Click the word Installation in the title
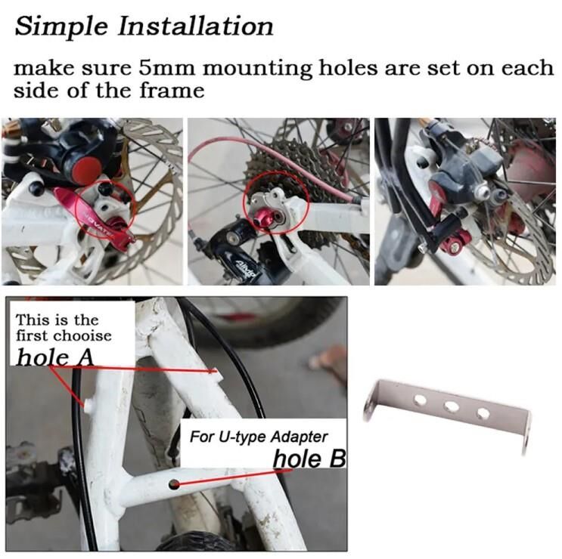point(196,26)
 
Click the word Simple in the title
point(61,27)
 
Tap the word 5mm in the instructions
point(167,67)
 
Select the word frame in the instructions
point(172,90)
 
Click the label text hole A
point(54,357)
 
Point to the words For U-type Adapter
point(259,437)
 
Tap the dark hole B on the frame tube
point(174,484)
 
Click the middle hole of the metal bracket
point(452,406)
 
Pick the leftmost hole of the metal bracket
point(420,400)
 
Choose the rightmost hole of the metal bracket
point(483,413)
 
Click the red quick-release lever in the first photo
point(93,217)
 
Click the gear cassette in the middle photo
point(287,168)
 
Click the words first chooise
point(64,336)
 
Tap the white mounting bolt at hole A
point(88,405)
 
